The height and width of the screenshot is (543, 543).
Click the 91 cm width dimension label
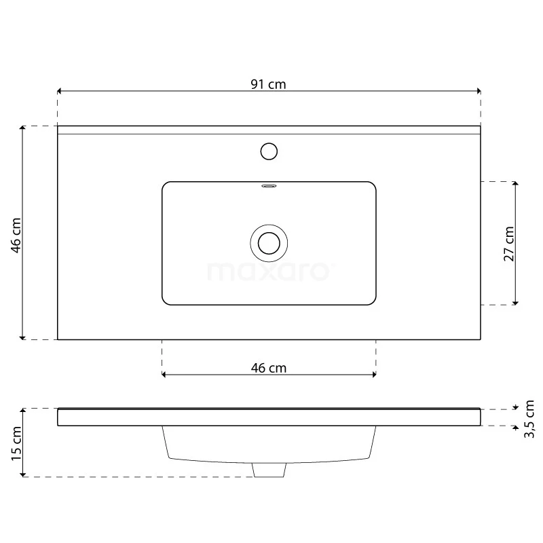[269, 84]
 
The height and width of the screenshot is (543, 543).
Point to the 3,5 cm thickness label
[530, 418]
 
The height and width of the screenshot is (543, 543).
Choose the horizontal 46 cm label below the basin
[269, 368]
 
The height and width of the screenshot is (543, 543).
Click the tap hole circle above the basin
[269, 151]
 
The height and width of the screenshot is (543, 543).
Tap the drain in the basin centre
[269, 242]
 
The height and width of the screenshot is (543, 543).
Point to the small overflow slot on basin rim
[269, 184]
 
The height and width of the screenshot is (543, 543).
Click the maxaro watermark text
[269, 271]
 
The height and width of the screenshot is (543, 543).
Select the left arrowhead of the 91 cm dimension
[60, 90]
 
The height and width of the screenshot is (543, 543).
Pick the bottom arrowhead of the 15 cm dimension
[23, 474]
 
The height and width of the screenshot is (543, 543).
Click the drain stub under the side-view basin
[269, 470]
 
